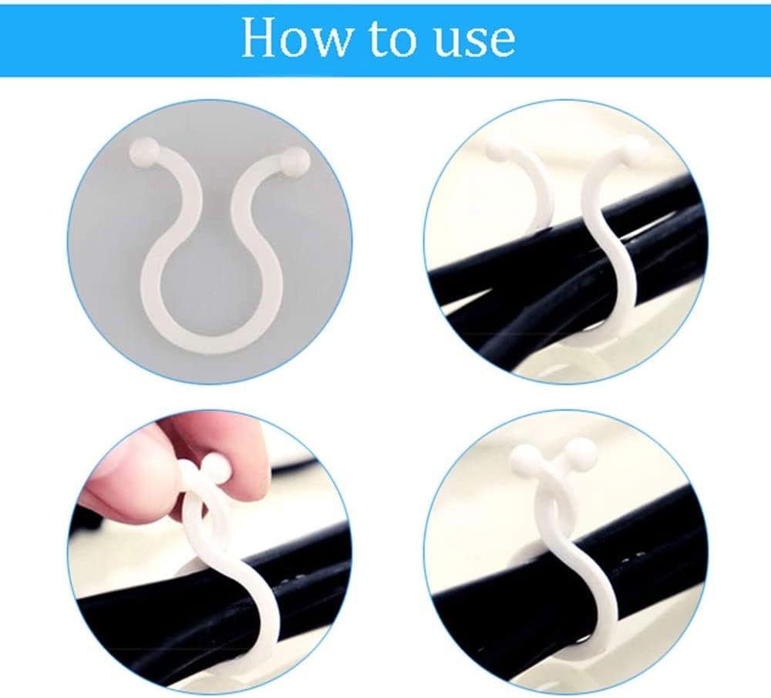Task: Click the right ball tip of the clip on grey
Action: point(295,160)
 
